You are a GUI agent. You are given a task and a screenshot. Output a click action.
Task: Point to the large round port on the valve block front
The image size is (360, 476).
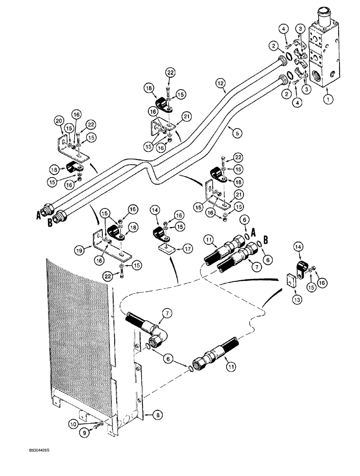(x=317, y=74)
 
